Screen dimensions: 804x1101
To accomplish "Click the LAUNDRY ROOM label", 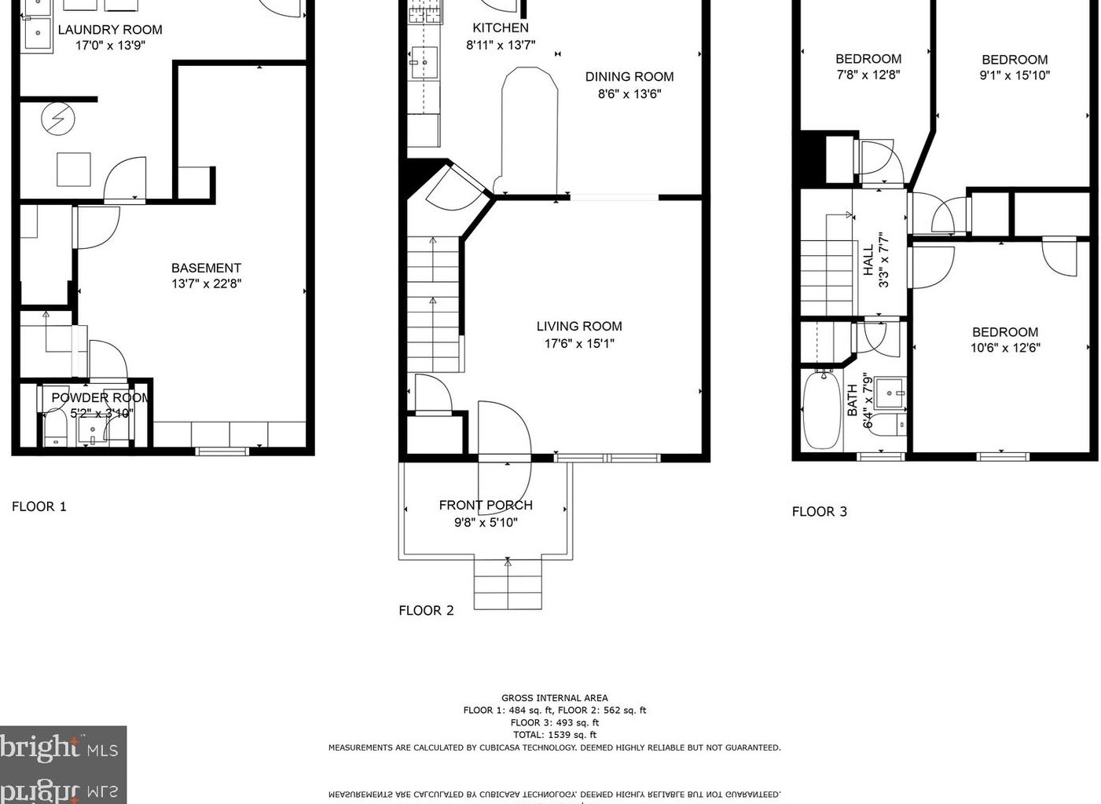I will click(x=110, y=30).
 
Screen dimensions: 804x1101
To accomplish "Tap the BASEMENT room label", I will click(x=206, y=269).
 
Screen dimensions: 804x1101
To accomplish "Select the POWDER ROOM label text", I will click(x=101, y=398).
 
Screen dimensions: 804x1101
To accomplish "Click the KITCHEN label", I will click(x=501, y=28).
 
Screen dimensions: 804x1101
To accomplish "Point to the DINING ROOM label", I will click(x=629, y=77).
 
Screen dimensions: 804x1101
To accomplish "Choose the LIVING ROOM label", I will click(x=579, y=327).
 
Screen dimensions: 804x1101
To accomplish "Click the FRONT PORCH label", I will click(x=486, y=506).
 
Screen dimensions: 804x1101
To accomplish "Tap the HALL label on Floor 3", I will click(x=868, y=260).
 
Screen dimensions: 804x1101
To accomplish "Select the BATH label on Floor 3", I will click(x=853, y=400).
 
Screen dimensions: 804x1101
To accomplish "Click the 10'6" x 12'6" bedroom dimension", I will click(x=1005, y=348).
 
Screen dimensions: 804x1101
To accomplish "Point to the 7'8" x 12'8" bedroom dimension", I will click(x=868, y=75).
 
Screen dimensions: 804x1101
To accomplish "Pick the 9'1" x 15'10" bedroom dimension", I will click(x=1015, y=76).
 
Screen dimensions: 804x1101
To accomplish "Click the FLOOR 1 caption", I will click(x=39, y=507).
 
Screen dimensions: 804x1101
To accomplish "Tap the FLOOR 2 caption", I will click(x=426, y=611).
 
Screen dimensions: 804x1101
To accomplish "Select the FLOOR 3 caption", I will click(x=820, y=512).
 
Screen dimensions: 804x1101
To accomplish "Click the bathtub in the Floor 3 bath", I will click(x=821, y=410).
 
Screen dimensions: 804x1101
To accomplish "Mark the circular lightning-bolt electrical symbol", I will click(x=57, y=119).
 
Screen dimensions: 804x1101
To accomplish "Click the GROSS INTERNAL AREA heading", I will click(x=555, y=698).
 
